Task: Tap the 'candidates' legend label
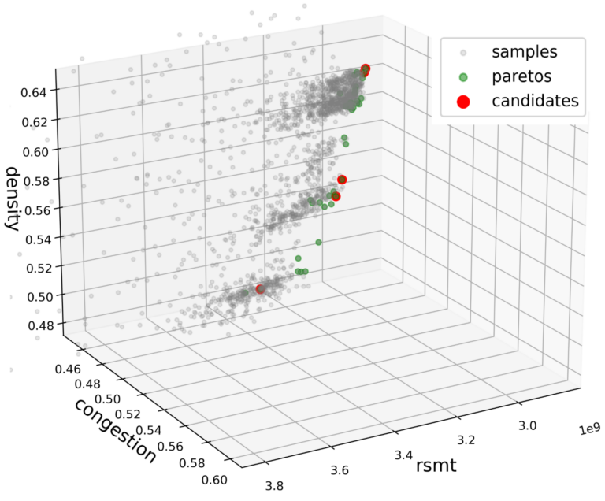pos(535,101)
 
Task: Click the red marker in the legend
pos(463,101)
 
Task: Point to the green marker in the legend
pos(463,77)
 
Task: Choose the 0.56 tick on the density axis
pos(35,209)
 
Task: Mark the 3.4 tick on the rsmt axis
pos(405,455)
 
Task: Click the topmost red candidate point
pos(366,69)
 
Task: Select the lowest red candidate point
pos(260,289)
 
